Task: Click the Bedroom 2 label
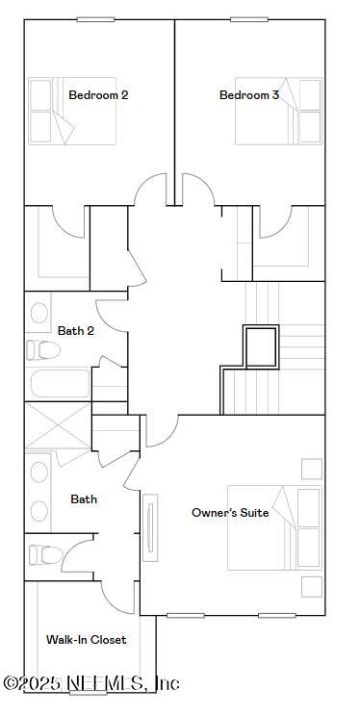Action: pos(98,95)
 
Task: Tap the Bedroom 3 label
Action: pos(249,95)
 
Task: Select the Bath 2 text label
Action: pos(75,330)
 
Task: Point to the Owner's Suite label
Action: pos(230,513)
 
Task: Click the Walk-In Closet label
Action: pos(86,639)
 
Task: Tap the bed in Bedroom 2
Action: pos(72,112)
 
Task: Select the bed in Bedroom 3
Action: pos(278,112)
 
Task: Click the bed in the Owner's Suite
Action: pos(274,527)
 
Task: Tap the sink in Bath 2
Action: pos(39,313)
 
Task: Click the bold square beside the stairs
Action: pos(259,346)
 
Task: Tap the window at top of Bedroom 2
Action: pos(95,19)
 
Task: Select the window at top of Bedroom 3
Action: pos(249,19)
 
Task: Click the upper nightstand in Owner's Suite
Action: pos(311,469)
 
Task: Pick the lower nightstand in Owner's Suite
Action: pos(311,586)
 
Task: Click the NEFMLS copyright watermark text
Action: pos(91,684)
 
